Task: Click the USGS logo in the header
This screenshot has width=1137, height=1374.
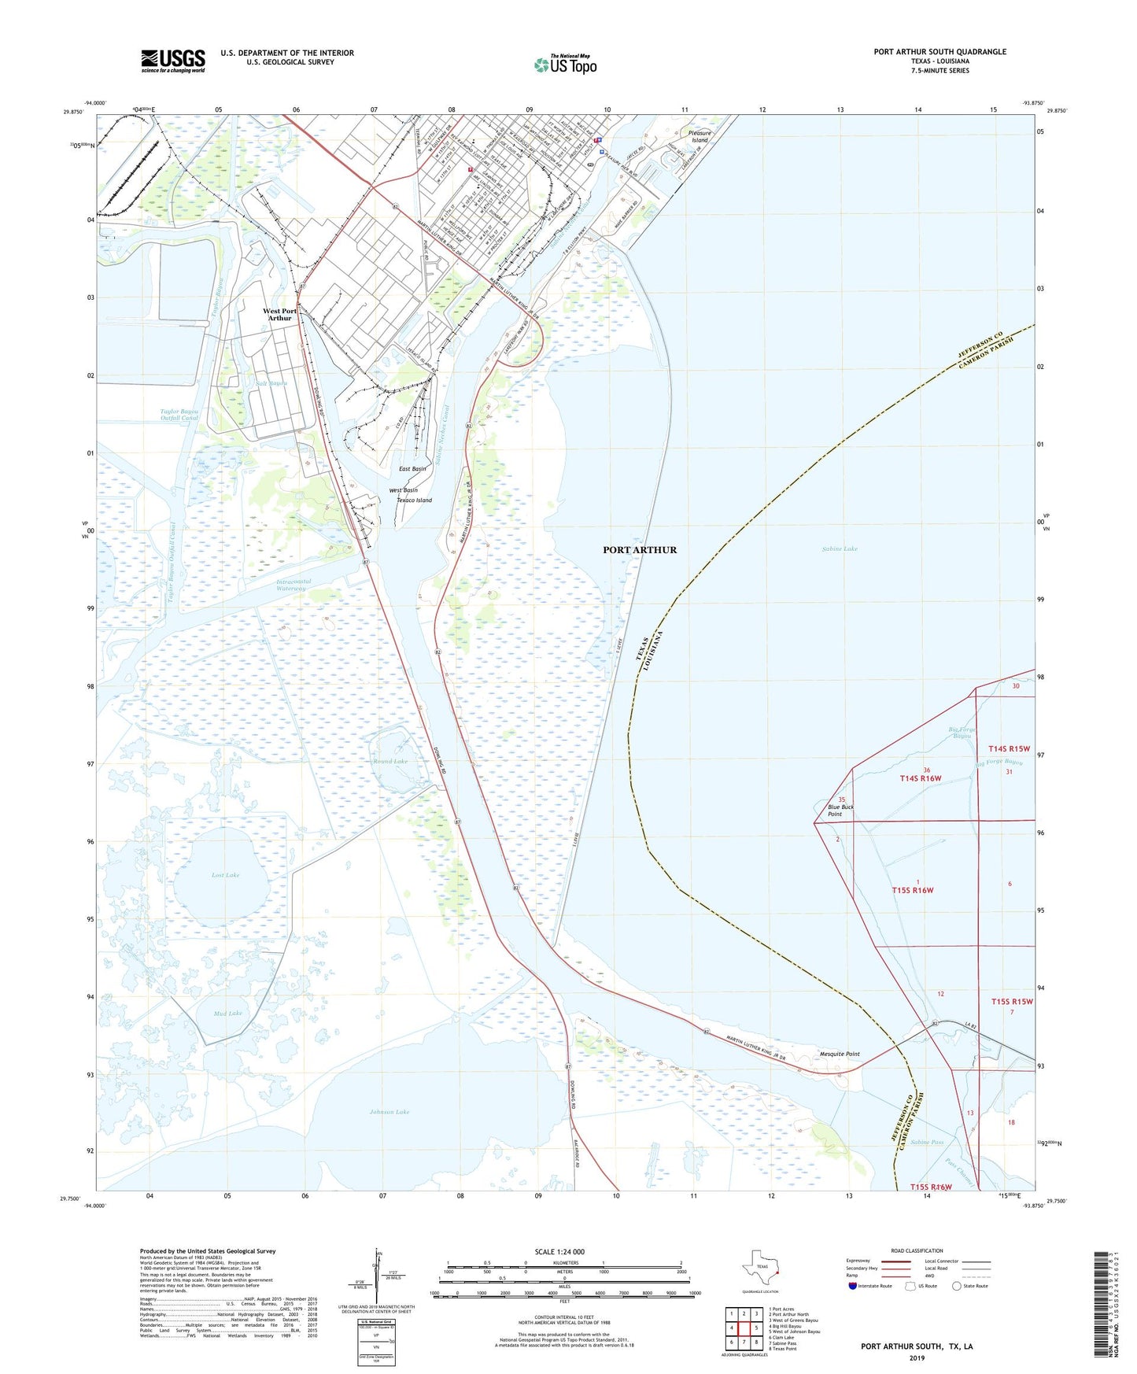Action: click(x=173, y=61)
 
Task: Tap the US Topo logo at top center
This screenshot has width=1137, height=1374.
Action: click(x=565, y=65)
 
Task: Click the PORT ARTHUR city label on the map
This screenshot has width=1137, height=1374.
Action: click(x=640, y=550)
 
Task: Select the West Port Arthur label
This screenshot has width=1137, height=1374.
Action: click(x=279, y=315)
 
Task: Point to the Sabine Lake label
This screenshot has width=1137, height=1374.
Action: click(x=840, y=548)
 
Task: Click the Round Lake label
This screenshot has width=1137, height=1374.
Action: click(x=390, y=762)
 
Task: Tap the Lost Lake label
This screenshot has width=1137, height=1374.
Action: click(x=225, y=875)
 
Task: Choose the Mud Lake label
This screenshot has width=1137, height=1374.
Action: click(x=227, y=1014)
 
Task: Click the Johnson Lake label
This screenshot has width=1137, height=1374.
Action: click(x=389, y=1112)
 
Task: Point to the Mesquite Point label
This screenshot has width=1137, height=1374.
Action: click(x=840, y=1054)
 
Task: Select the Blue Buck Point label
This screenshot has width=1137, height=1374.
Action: click(x=840, y=811)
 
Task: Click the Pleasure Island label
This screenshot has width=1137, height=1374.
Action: click(x=700, y=136)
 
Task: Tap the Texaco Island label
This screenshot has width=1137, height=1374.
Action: click(x=414, y=500)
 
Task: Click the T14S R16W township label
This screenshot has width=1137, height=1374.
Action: click(x=920, y=778)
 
